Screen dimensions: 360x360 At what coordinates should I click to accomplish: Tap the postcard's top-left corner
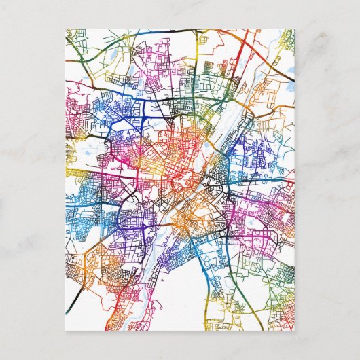coord(66,29)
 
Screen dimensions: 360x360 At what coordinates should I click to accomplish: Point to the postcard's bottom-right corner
coord(295,331)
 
